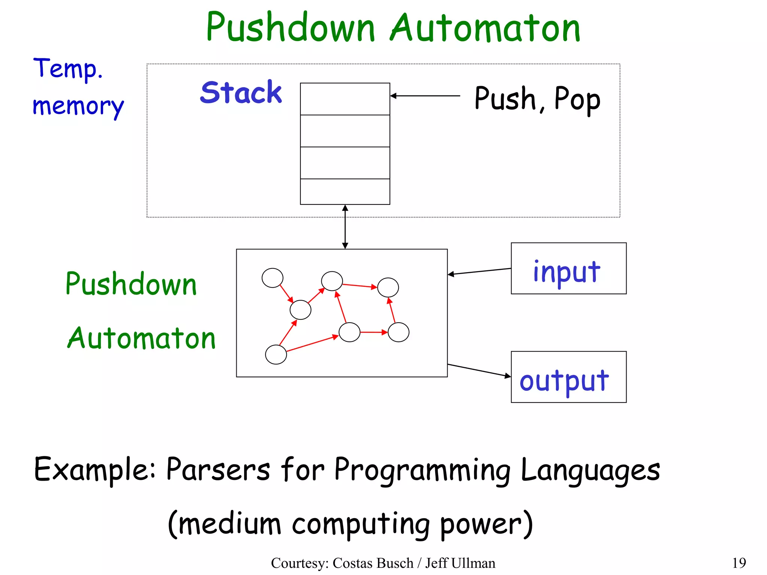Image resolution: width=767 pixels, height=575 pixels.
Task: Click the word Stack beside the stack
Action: (241, 92)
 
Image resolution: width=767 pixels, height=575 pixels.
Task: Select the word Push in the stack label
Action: (505, 98)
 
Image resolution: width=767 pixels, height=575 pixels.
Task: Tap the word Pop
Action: (577, 99)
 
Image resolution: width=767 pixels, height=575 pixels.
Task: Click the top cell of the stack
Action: (345, 99)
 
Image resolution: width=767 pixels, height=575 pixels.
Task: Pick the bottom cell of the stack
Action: (345, 192)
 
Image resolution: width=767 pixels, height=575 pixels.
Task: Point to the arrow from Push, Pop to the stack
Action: (425, 96)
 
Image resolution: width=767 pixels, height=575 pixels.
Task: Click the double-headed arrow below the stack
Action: (345, 227)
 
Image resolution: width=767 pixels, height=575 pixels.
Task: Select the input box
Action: (568, 268)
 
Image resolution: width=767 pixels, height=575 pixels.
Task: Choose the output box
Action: (568, 377)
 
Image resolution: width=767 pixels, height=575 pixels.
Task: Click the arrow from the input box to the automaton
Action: (479, 271)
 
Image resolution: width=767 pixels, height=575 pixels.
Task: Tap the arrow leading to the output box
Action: (479, 370)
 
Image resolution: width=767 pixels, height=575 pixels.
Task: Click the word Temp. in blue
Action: (68, 69)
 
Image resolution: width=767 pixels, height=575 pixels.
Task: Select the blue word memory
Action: (78, 106)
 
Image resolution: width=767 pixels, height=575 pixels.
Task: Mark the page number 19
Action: (739, 563)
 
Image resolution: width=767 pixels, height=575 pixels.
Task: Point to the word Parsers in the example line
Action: (218, 469)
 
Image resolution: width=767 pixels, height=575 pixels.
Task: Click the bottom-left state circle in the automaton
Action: (276, 355)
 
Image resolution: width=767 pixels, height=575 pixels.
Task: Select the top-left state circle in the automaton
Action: (272, 278)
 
